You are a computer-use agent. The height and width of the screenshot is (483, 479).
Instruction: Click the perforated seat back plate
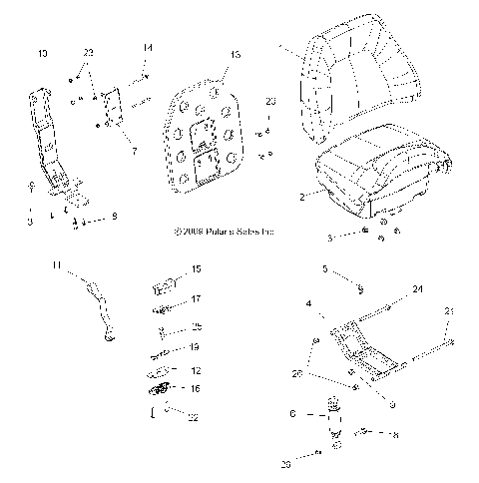click(x=207, y=139)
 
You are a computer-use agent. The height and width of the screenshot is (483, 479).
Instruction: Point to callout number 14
click(x=148, y=48)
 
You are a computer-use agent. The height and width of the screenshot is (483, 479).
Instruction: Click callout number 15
click(x=196, y=269)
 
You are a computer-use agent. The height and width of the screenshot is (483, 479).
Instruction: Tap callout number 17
click(x=196, y=298)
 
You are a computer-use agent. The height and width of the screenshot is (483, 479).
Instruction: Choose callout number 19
click(x=196, y=347)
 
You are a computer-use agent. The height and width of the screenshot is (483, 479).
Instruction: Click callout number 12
click(x=196, y=369)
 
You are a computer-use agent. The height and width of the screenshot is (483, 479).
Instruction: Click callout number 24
click(x=416, y=290)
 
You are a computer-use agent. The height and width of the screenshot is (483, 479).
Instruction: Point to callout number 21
click(x=449, y=313)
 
